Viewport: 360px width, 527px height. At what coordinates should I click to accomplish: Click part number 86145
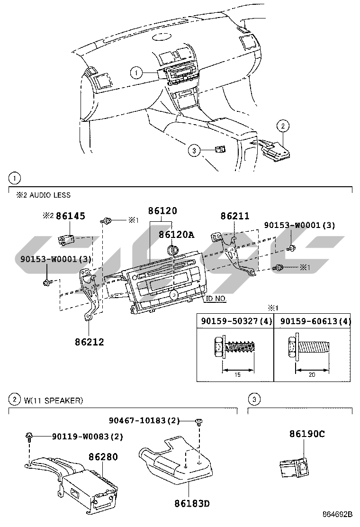[x=71, y=217]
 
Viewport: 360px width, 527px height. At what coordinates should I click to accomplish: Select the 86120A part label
[x=176, y=234]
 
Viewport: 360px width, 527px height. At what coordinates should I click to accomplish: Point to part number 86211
[x=234, y=217]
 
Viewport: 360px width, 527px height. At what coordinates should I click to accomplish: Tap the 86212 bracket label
[x=89, y=341]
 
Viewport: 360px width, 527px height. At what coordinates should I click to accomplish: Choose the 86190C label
[x=307, y=434]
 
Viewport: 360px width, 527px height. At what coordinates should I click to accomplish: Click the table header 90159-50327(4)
[x=235, y=321]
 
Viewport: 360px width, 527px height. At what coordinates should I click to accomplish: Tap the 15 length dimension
[x=238, y=374]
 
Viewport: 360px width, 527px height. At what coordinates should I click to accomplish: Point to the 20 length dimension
[x=312, y=374]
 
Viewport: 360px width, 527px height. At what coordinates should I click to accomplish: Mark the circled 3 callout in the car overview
[x=193, y=151]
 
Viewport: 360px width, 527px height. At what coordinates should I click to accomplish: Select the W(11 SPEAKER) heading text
[x=53, y=400]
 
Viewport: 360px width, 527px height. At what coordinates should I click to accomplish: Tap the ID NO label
[x=216, y=299]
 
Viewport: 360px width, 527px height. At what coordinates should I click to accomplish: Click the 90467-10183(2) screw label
[x=144, y=420]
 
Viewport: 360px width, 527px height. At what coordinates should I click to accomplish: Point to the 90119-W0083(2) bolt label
[x=87, y=436]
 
